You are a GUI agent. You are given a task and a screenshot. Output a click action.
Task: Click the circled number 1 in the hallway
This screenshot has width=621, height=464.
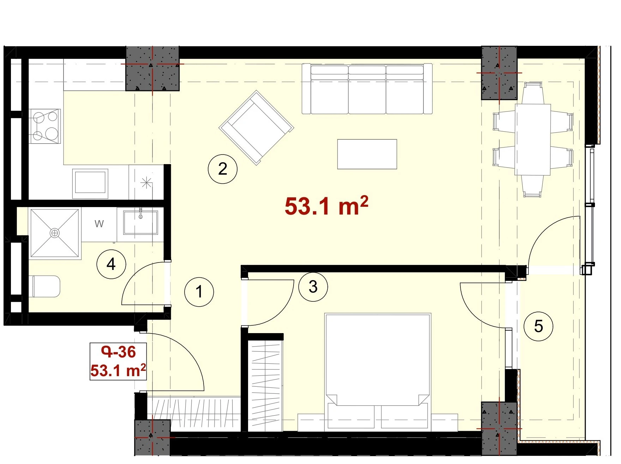199,292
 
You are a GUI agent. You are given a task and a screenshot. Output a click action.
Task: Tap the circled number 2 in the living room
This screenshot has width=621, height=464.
223,169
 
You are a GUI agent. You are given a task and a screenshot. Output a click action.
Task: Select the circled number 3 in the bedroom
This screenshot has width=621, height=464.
313,287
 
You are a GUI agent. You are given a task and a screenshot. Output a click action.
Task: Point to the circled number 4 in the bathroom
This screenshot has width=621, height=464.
111,264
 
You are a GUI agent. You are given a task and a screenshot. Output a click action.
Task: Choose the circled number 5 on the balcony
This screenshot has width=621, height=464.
538,326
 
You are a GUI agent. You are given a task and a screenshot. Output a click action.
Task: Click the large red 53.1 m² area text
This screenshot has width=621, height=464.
326,206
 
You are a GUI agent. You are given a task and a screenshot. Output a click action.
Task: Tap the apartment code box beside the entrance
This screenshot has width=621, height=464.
118,361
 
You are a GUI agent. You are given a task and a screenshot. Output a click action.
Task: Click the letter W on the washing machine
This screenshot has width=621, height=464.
99,224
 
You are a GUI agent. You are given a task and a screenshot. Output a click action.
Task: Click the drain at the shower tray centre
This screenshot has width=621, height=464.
55,233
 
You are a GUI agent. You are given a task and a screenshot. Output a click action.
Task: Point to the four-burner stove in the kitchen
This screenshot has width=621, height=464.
45,126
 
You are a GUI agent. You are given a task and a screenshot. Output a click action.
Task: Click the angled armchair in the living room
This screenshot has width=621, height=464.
257,127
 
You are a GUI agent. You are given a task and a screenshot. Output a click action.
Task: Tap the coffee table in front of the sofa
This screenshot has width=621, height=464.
367,154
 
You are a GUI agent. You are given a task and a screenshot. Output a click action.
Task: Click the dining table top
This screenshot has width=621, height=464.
533,139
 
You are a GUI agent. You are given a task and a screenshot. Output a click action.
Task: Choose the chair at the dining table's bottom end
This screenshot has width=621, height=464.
532,186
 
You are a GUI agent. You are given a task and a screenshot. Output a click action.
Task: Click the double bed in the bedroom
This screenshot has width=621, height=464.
378,371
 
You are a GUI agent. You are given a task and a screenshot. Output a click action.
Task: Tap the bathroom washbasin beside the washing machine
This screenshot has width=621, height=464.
140,222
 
